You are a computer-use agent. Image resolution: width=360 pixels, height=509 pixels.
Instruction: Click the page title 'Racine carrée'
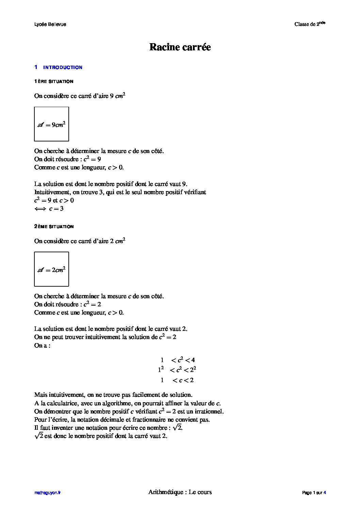[x=180, y=47]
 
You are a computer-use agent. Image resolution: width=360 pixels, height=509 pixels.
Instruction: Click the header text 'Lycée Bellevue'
[x=50, y=24]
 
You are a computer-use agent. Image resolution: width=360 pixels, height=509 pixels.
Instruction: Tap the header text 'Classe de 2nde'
[x=310, y=24]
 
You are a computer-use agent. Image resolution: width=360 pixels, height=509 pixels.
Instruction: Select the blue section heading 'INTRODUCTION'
[x=63, y=67]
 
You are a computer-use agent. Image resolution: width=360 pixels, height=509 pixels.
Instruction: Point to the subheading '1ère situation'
[x=54, y=82]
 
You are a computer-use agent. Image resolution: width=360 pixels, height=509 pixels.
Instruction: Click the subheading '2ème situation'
[x=54, y=226]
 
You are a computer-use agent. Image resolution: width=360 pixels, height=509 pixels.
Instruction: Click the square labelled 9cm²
[x=52, y=124]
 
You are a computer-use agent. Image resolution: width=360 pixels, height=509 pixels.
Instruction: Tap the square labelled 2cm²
[x=52, y=269]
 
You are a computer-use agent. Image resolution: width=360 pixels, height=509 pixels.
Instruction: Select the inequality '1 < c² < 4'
[x=178, y=360]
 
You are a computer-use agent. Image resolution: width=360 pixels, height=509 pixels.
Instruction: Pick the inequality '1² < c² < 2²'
[x=177, y=370]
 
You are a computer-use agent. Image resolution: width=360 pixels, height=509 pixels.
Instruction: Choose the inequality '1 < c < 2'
[x=177, y=380]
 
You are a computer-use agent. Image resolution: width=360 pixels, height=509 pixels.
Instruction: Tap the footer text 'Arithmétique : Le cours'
[x=180, y=492]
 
